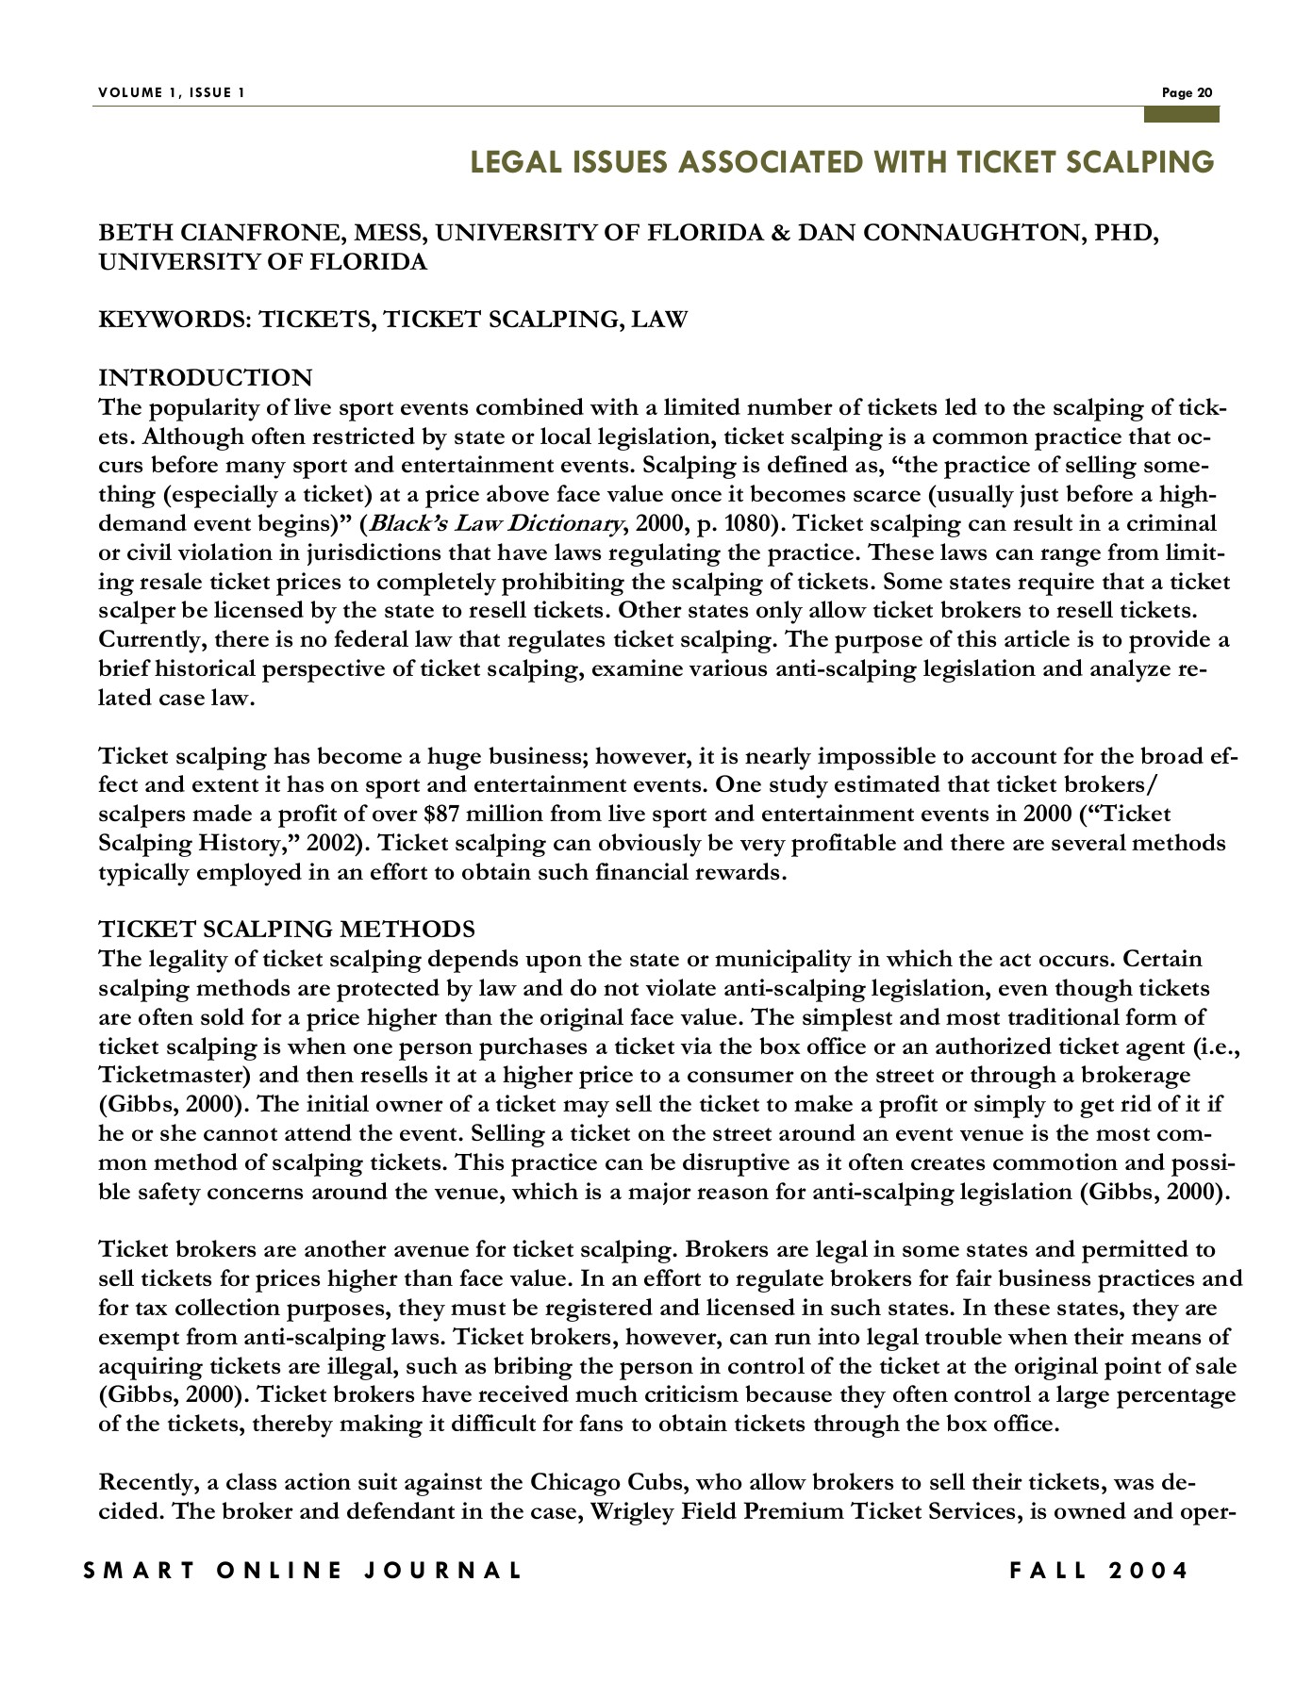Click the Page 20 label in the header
[x=1187, y=92]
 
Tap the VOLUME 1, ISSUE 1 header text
[x=171, y=92]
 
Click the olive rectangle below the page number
[x=1181, y=114]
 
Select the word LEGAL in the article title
[x=513, y=162]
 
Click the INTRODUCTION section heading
[x=205, y=378]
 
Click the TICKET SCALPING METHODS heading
[x=287, y=930]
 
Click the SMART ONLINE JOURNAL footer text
[x=302, y=1571]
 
